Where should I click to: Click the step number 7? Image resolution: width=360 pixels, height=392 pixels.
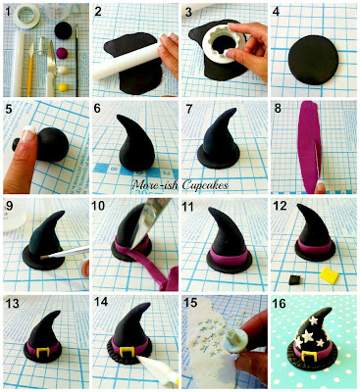[188, 109]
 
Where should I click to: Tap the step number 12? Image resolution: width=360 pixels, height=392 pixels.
[281, 206]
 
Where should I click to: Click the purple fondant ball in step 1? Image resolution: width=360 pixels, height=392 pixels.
[62, 53]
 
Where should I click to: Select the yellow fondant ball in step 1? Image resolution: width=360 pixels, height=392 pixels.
[62, 87]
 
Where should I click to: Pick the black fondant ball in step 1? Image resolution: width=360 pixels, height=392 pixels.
[63, 30]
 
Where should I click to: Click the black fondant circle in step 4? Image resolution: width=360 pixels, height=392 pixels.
[314, 59]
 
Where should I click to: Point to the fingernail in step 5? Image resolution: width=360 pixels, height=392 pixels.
[28, 134]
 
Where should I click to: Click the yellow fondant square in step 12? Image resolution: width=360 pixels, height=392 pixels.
[329, 275]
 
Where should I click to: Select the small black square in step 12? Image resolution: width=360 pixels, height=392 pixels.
[294, 279]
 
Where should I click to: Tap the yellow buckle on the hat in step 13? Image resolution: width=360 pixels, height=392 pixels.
[43, 353]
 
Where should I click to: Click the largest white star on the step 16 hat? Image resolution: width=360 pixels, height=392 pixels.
[308, 336]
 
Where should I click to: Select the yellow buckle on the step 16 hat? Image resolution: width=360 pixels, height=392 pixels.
[309, 357]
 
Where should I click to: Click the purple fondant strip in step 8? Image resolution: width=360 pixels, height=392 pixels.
[310, 146]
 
